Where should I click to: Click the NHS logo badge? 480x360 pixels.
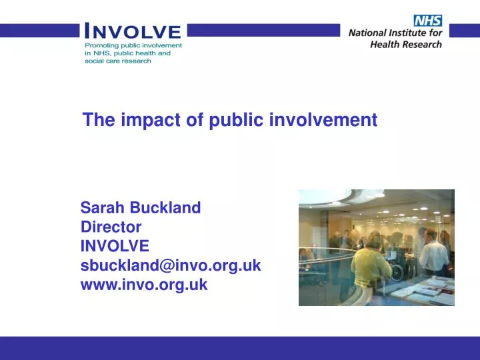pos(427,21)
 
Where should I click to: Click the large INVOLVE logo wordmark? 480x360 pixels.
pos(132,31)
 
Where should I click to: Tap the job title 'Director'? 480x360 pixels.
pos(111,227)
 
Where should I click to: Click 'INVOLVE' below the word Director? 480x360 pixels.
pos(115,246)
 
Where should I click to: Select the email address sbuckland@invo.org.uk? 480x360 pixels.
pos(171,265)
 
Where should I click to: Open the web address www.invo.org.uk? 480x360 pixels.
pos(144,285)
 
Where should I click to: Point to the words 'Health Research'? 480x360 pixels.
pos(407,44)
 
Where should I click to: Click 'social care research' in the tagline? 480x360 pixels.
pos(118,61)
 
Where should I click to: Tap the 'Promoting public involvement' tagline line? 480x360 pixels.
pos(133,45)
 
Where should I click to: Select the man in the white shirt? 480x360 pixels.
pos(433,257)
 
